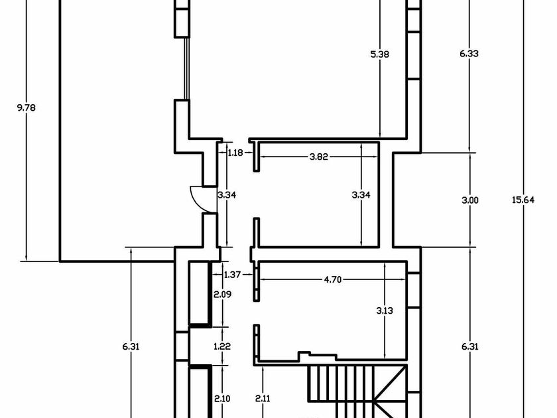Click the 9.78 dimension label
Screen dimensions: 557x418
26,107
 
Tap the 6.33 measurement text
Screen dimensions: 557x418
469,54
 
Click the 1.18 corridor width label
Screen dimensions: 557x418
236,153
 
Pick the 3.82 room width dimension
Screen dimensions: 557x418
320,157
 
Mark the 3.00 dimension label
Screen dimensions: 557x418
469,199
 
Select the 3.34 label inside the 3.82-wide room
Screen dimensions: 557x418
361,194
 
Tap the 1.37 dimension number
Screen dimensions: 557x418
232,274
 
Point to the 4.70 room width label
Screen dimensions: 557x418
332,280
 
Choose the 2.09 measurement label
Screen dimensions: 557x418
221,293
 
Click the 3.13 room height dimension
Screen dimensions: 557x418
385,309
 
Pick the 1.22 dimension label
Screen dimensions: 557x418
221,346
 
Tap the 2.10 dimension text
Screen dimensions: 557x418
221,398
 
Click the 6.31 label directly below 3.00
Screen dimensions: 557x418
469,346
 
